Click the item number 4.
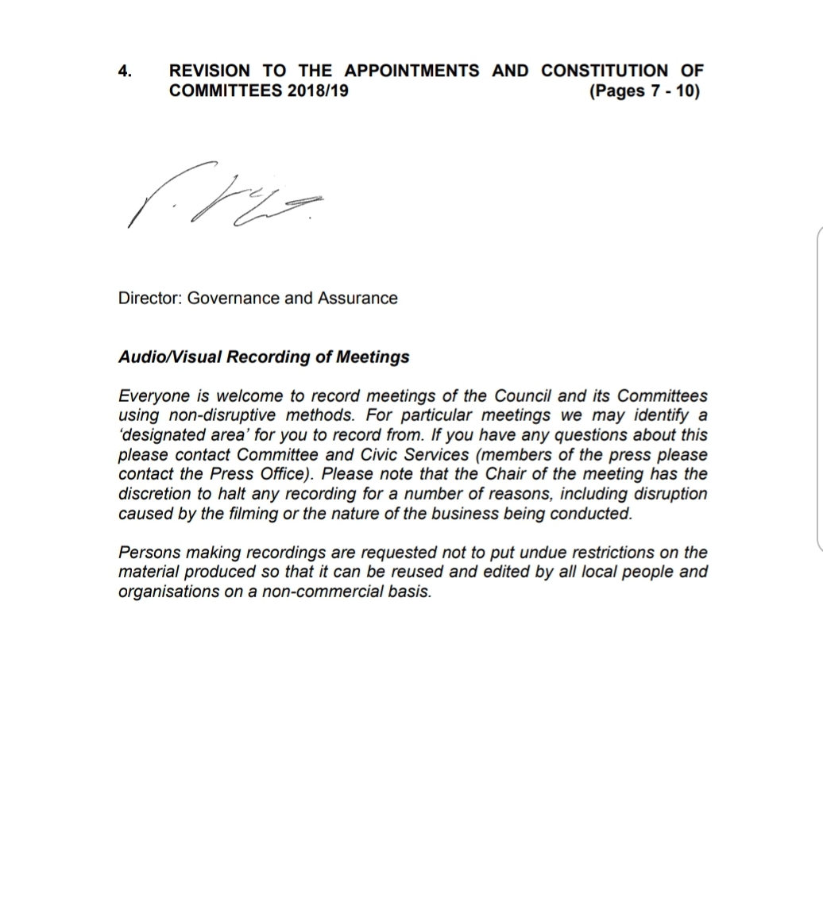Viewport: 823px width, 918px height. [125, 71]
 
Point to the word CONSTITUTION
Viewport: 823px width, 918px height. [605, 71]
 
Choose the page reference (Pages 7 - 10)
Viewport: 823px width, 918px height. [644, 91]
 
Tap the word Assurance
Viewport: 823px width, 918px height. [357, 299]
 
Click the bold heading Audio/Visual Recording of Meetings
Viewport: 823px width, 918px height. [264, 357]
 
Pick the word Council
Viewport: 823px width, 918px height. [523, 396]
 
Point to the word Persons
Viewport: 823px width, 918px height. [150, 553]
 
